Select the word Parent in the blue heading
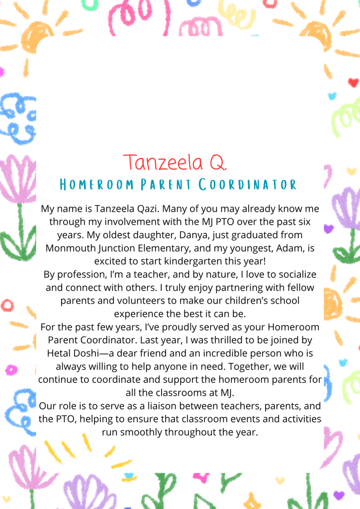(x=167, y=185)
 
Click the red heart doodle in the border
(x=353, y=83)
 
